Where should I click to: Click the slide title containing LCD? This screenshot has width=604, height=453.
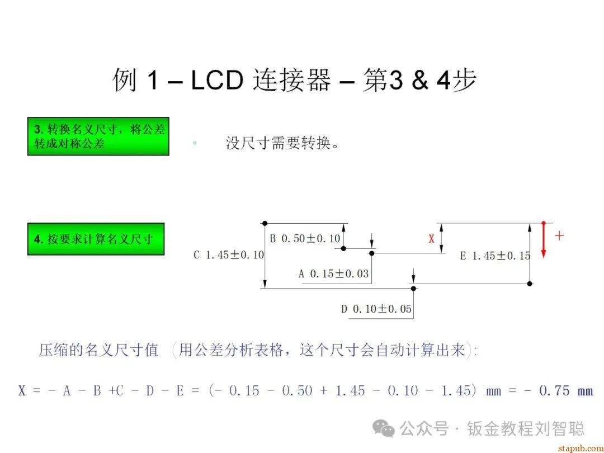295,80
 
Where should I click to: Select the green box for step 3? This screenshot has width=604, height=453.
98,136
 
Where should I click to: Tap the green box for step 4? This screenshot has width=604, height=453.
96,239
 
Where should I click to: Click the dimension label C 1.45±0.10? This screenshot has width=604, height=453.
229,255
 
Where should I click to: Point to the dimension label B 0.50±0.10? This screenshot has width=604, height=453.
305,239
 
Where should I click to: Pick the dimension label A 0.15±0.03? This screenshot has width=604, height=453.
333,274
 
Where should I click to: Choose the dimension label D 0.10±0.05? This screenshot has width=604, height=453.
376,309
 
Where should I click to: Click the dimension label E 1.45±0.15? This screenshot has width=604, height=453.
495,256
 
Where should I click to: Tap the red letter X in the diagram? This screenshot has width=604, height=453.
431,239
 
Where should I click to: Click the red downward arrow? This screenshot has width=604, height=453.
543,240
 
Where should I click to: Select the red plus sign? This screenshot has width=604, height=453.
559,235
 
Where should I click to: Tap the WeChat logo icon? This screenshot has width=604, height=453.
384,428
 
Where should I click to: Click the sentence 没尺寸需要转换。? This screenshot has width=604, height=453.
283,143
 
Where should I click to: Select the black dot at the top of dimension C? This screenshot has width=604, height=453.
265,223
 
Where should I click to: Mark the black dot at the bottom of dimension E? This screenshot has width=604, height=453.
530,284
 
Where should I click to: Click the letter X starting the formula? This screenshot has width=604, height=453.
22,391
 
